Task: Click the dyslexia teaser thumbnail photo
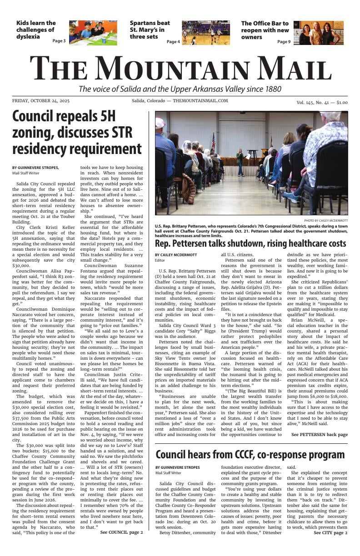click(93, 33)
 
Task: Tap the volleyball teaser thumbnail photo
click(205, 33)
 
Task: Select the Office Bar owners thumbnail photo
click(318, 33)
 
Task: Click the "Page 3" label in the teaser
click(59, 41)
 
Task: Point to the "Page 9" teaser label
click(284, 42)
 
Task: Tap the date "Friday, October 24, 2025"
click(41, 101)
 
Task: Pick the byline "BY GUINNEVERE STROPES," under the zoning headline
click(35, 168)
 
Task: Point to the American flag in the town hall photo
click(213, 141)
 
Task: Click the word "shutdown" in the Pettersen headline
click(248, 243)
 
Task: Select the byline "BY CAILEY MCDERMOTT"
click(176, 255)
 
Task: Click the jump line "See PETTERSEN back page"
click(320, 435)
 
